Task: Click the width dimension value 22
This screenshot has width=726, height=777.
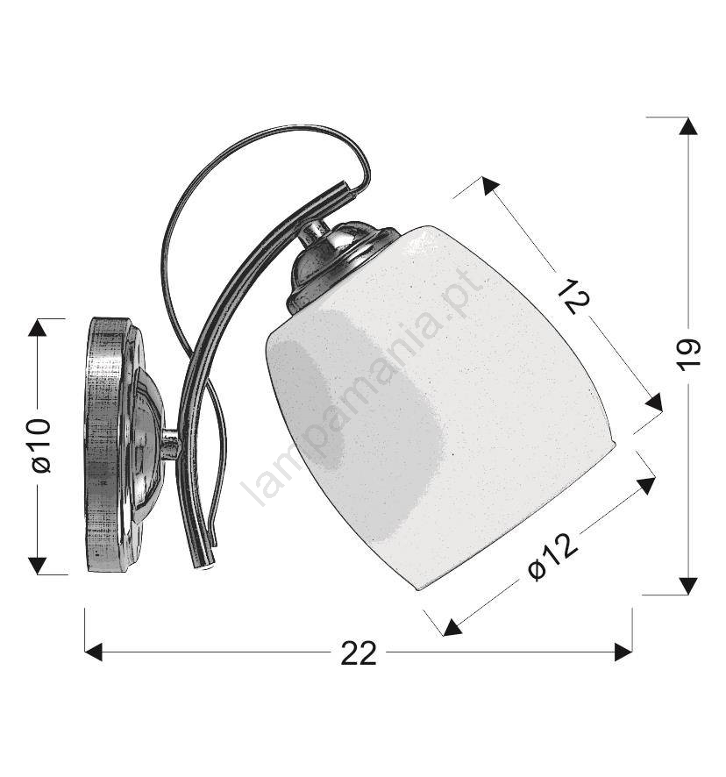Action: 359,653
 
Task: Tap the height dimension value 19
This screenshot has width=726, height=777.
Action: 688,355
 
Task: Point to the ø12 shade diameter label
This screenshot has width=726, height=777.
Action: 552,557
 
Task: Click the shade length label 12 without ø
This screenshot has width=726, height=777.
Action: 573,296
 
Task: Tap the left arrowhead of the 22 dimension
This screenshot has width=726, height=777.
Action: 93,652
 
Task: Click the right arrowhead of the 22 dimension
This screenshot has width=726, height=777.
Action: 623,652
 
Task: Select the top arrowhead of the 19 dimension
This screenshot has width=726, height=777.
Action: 687,126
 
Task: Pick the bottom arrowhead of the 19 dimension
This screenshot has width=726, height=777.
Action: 687,586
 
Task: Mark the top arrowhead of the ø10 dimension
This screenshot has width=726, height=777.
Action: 37,328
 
